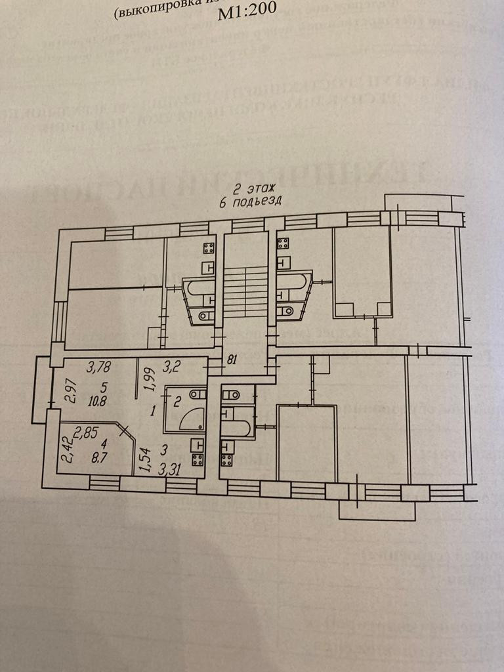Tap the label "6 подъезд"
tap(251, 201)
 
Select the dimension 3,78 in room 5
tap(100, 366)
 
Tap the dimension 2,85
tap(87, 432)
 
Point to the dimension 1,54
tap(144, 457)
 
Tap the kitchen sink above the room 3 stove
tap(196, 444)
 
